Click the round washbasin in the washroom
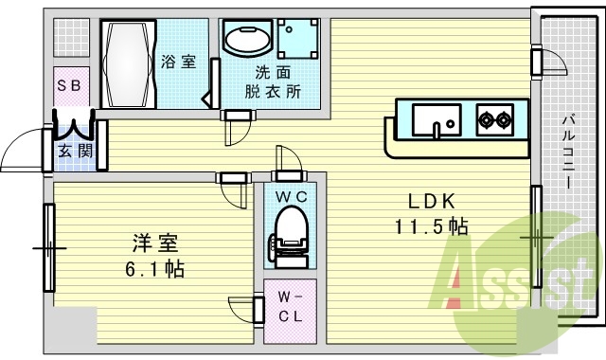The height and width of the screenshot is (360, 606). point(247,41)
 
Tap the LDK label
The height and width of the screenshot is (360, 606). point(432,201)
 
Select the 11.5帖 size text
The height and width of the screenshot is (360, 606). point(432,226)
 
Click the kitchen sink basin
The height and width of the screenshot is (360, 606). point(437,120)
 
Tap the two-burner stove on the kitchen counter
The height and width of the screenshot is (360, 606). point(493,119)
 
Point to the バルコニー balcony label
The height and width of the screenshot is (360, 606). point(567,152)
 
